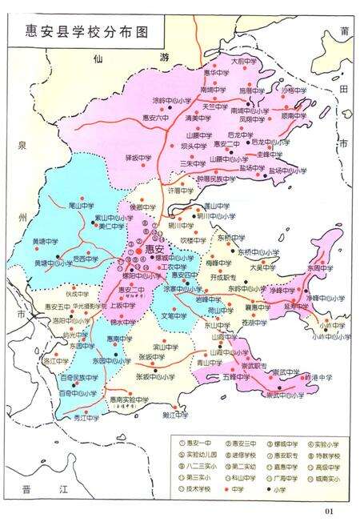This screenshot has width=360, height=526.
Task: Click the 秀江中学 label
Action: (x=86, y=418)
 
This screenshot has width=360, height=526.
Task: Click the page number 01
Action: (x=327, y=512)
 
